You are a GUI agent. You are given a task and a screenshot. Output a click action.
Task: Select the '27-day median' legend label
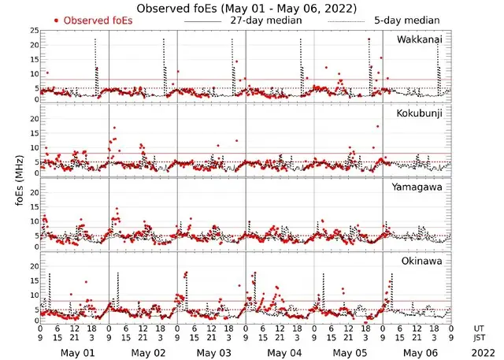(265, 20)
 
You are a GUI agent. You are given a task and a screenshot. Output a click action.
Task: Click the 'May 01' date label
(77, 352)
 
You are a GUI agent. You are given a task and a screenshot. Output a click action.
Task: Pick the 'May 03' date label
(213, 352)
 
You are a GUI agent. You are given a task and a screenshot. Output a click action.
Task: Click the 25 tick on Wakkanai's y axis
(33, 30)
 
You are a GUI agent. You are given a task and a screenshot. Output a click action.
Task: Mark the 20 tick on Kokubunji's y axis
(33, 118)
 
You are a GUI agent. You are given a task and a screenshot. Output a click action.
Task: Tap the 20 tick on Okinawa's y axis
(33, 266)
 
